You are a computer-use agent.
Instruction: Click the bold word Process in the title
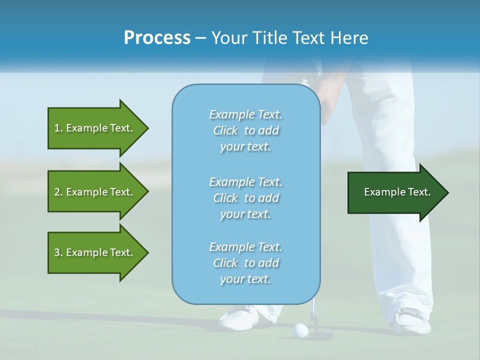click(157, 37)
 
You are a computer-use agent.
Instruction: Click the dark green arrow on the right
click(395, 192)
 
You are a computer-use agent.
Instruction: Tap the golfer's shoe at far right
click(412, 320)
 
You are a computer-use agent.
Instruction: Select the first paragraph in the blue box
click(245, 130)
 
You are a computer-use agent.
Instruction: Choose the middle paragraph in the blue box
click(245, 198)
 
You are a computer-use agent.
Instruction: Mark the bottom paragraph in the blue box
click(245, 263)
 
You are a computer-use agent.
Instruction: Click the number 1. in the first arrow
click(58, 128)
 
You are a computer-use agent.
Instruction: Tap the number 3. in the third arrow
click(58, 252)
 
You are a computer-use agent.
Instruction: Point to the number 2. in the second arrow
click(58, 192)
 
